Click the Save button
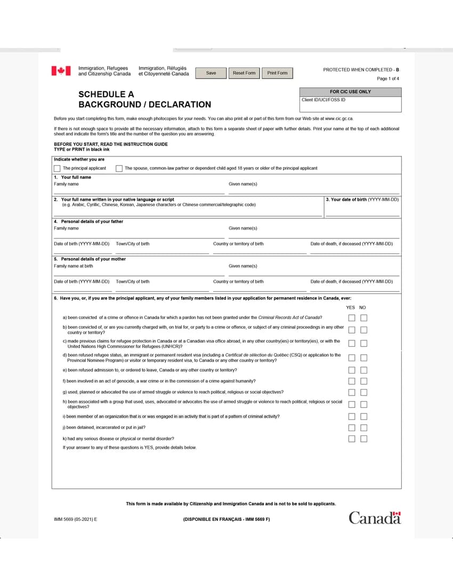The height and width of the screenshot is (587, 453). coord(211,73)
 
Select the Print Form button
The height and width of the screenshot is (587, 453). coord(277,73)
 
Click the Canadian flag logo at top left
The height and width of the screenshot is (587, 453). coord(61,71)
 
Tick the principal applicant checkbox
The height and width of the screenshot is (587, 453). coord(57,169)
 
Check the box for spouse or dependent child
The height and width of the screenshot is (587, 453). coord(119,169)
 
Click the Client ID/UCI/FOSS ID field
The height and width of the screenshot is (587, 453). coord(350,105)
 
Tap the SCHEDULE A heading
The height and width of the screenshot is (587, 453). coord(106,94)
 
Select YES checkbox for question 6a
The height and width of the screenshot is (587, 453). coord(352,318)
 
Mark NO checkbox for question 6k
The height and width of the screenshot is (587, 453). coord(364,439)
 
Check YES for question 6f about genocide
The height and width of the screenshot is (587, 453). coord(352,381)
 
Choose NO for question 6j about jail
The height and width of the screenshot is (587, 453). coord(364,427)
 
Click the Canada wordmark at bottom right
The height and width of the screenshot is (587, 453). coord(375,518)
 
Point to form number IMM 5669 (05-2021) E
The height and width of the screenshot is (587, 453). coord(76,519)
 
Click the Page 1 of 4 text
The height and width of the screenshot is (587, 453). coord(387,79)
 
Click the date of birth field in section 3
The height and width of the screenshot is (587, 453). coord(362,211)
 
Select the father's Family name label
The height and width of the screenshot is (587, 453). coord(66,228)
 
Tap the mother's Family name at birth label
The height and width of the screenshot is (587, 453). coord(73,266)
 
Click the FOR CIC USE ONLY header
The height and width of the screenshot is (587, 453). coord(350,92)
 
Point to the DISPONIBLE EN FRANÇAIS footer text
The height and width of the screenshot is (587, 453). coord(226,519)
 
